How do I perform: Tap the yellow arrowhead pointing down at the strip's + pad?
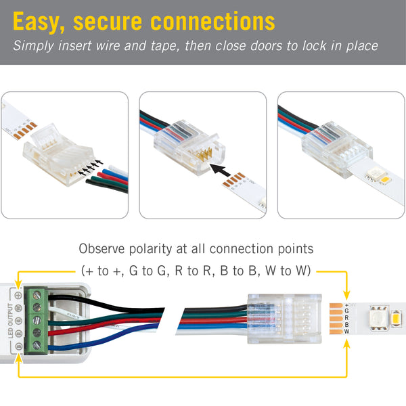click(x=346, y=296)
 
